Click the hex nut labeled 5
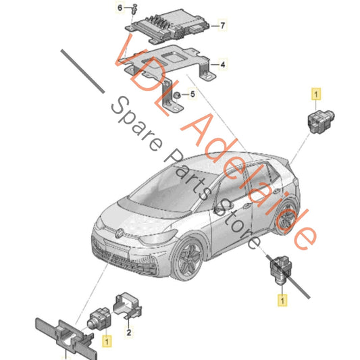click(174, 95)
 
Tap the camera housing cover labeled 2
click(129, 304)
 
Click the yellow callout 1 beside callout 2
click(105, 342)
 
